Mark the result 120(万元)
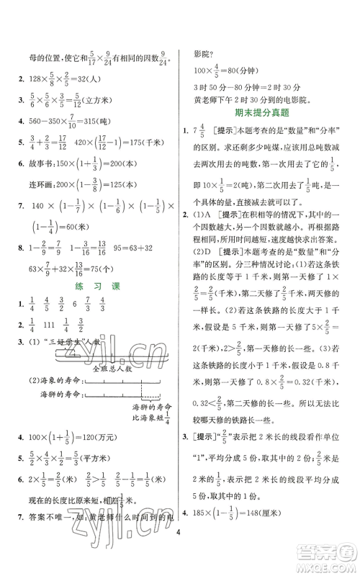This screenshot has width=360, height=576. [x=114, y=456]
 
